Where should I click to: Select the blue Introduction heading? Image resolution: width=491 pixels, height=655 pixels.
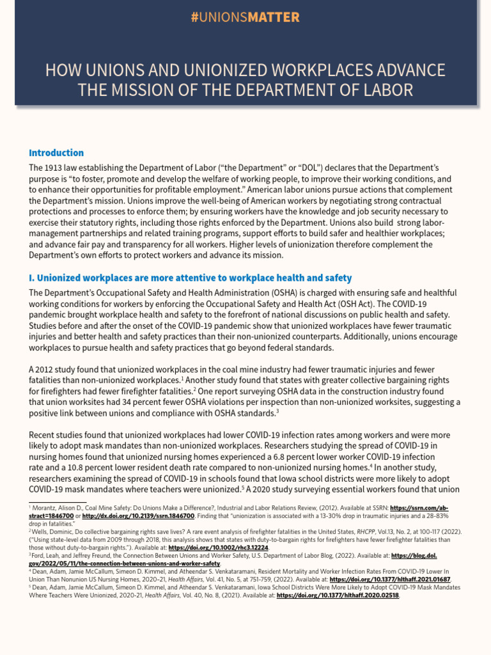[56, 153]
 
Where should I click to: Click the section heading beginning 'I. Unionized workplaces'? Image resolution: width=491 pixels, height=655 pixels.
[190, 278]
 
